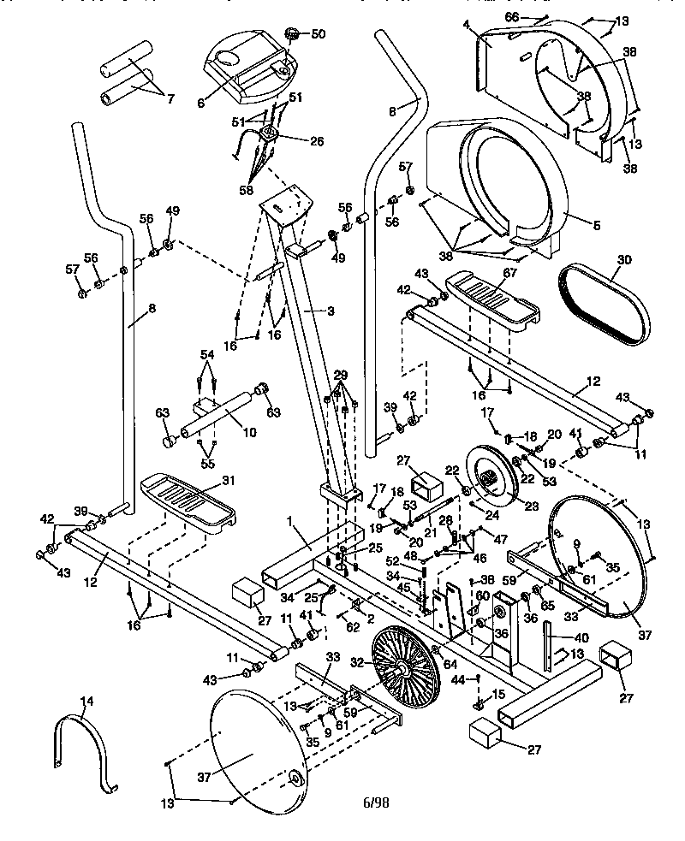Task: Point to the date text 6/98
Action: (x=376, y=803)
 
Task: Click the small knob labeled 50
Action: (x=294, y=35)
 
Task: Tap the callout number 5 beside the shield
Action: (x=597, y=225)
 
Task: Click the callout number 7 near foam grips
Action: (x=170, y=99)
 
